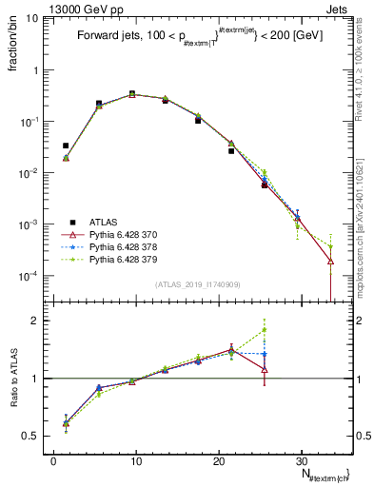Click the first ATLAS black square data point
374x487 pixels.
[66, 146]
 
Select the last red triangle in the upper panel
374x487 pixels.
[330, 261]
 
